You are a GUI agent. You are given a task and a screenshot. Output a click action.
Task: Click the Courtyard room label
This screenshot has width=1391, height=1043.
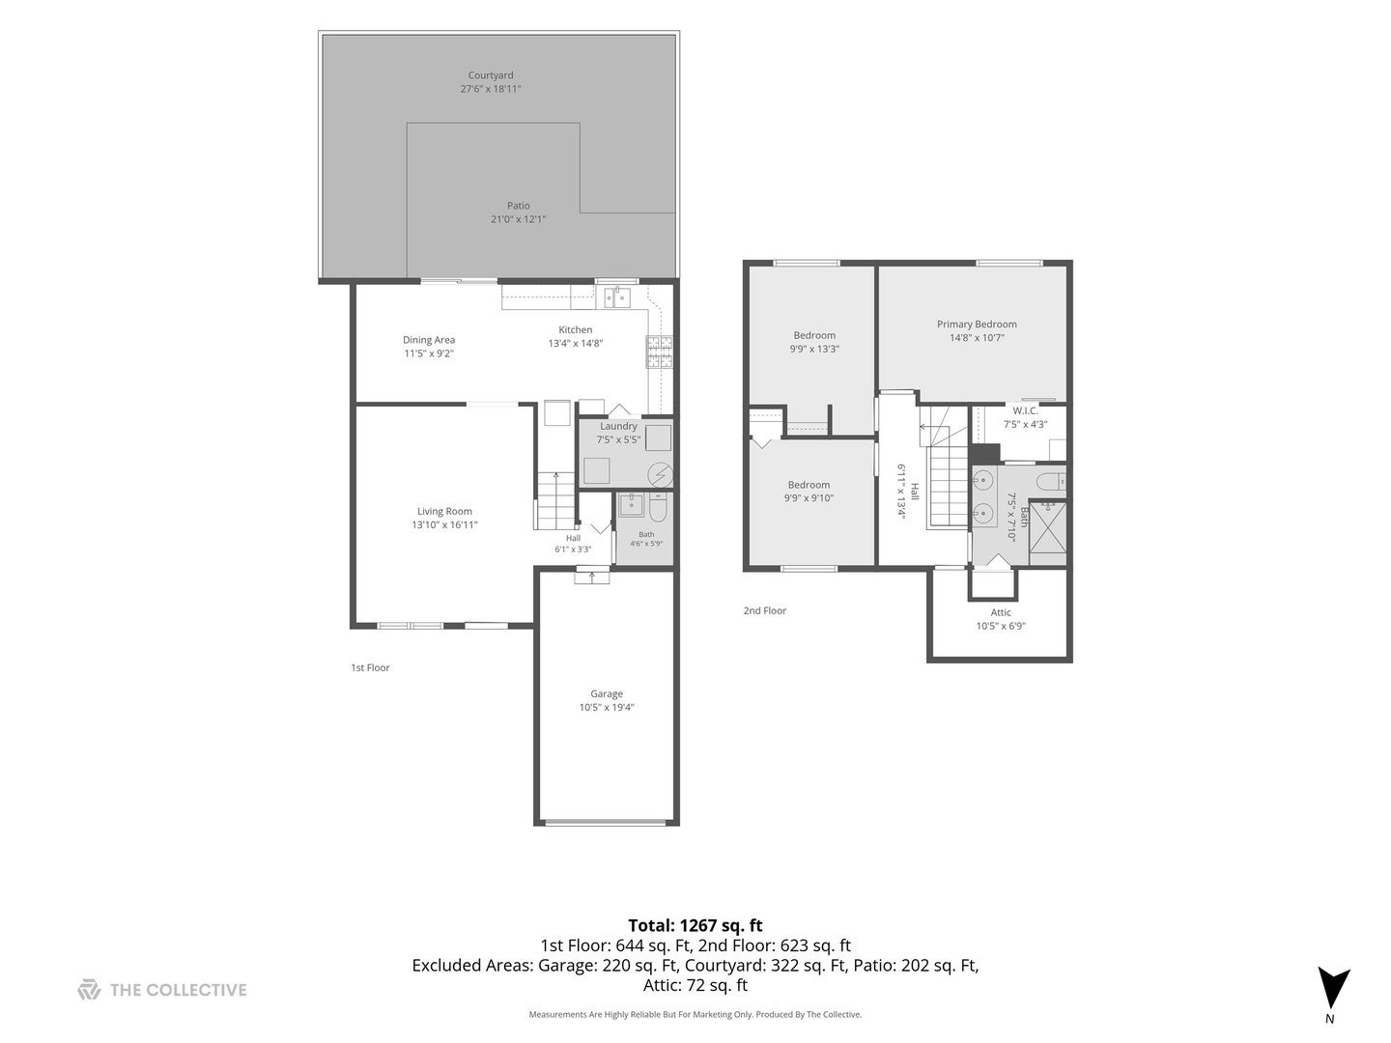pyautogui.click(x=491, y=75)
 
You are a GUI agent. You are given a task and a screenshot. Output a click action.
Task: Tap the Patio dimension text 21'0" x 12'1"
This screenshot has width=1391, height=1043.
pyautogui.click(x=518, y=219)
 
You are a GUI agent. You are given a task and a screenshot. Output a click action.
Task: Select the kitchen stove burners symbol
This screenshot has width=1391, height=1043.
pyautogui.click(x=659, y=352)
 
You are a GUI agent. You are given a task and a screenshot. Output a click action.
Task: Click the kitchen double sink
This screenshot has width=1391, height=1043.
pyautogui.click(x=616, y=296)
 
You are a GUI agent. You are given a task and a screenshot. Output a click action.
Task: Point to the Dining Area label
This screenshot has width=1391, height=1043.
pyautogui.click(x=428, y=340)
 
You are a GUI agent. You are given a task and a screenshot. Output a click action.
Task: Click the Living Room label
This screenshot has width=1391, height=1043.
pyautogui.click(x=444, y=511)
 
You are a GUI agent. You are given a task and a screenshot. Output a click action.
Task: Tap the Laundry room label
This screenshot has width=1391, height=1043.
pyautogui.click(x=618, y=426)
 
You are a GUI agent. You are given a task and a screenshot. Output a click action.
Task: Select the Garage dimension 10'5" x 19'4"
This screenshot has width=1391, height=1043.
pyautogui.click(x=607, y=707)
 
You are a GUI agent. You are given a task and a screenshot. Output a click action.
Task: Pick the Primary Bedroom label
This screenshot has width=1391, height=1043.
pyautogui.click(x=977, y=324)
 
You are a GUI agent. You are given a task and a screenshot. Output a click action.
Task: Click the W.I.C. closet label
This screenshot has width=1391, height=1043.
pyautogui.click(x=1025, y=411)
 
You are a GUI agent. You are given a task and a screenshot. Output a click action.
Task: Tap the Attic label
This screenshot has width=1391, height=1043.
pyautogui.click(x=1001, y=612)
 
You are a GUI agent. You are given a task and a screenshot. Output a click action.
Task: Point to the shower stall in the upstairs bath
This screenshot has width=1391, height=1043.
pyautogui.click(x=1047, y=532)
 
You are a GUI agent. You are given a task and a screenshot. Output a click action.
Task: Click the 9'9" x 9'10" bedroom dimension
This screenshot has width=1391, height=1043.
pyautogui.click(x=809, y=497)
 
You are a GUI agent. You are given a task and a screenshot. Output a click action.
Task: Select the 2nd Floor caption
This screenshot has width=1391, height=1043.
pyautogui.click(x=764, y=610)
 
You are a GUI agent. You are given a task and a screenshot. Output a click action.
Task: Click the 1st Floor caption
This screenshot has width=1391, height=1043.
pyautogui.click(x=370, y=667)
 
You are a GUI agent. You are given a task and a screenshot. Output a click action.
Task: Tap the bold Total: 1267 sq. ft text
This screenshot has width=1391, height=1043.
pyautogui.click(x=695, y=926)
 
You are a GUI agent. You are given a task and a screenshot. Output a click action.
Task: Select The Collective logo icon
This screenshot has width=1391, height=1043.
pyautogui.click(x=89, y=990)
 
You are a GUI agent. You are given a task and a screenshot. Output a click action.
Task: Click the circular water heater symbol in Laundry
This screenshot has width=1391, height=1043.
pyautogui.click(x=661, y=474)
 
